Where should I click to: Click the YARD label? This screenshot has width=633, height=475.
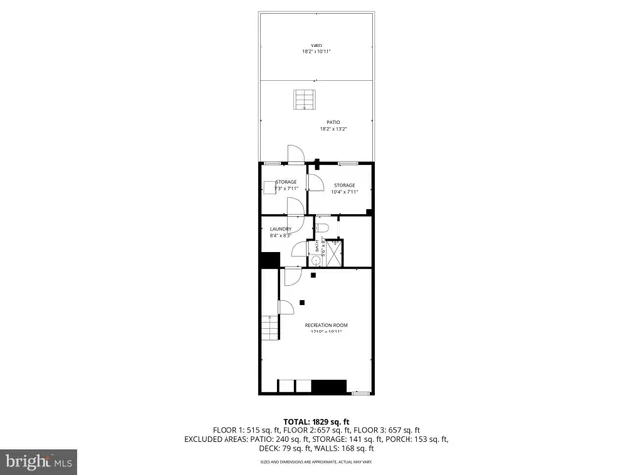(316, 45)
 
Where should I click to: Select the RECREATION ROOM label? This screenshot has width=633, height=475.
(326, 325)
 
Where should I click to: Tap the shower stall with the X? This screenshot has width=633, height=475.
(334, 253)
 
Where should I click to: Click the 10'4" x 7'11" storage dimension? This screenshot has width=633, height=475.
(343, 192)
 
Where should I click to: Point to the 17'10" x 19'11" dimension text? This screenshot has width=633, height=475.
(326, 332)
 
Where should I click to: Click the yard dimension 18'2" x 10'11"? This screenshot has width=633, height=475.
(316, 51)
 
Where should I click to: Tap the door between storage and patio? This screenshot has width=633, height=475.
(294, 155)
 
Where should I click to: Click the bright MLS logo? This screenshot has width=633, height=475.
(39, 460)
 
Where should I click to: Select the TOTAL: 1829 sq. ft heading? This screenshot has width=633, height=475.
(316, 421)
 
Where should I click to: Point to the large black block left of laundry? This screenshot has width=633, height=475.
(268, 260)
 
